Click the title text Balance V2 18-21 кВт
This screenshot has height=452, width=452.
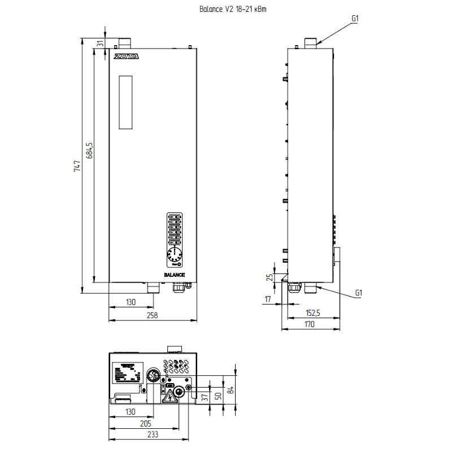[227, 10]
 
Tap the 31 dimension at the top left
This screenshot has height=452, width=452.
[100, 44]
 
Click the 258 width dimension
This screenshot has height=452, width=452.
[152, 315]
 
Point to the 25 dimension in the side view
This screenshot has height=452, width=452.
[270, 277]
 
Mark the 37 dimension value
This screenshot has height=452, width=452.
[205, 397]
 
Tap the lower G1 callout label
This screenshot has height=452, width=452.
[358, 293]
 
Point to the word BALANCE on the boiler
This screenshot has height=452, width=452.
[175, 273]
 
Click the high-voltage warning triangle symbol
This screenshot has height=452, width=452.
[168, 399]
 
